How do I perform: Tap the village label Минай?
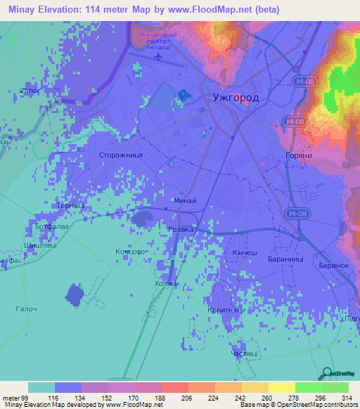tap(184, 201)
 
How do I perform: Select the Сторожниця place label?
tap(121, 154)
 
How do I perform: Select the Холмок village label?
tap(167, 283)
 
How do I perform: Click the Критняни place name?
tap(224, 310)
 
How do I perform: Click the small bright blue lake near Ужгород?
tap(184, 94)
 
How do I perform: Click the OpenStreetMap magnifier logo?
tap(327, 373)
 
